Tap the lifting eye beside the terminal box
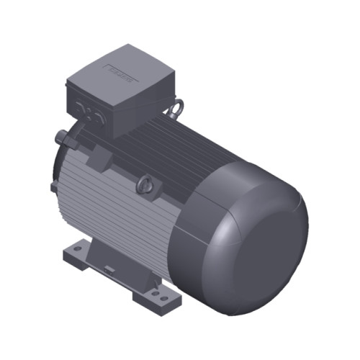tap(174, 109)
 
